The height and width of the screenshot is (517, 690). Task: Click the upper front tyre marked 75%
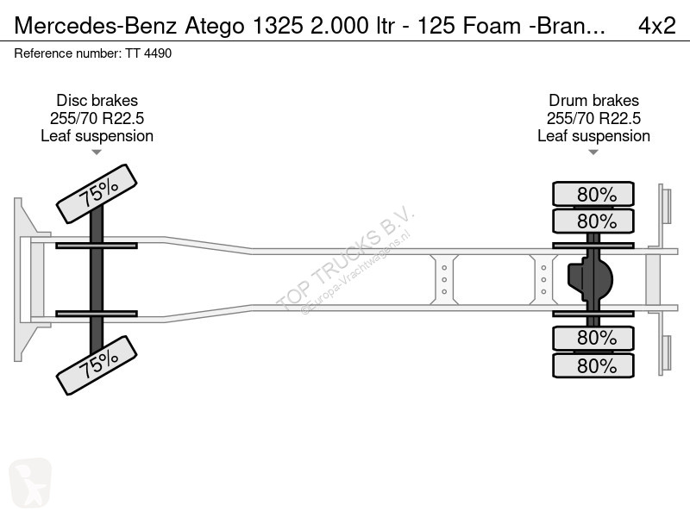point(97,194)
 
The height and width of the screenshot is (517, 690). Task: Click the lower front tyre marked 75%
point(97,365)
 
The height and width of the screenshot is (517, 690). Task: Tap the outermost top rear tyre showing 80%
point(593,194)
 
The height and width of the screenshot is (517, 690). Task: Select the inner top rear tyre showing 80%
point(593,221)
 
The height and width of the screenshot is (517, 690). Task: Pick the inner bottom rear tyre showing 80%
point(593,338)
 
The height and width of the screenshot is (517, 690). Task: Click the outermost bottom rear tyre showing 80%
point(593,365)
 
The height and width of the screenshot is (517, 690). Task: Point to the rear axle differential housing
point(590,279)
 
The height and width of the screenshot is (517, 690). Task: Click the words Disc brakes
point(97,101)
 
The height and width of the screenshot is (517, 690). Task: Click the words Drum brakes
point(593,101)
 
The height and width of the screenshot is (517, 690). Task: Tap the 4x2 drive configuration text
point(657,26)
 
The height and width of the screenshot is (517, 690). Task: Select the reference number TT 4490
point(148,53)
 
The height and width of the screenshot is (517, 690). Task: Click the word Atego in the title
point(215,27)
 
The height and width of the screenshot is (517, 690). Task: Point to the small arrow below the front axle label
point(97,153)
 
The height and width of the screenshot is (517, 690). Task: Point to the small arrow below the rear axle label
point(593,153)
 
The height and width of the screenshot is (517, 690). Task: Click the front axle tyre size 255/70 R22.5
point(97,118)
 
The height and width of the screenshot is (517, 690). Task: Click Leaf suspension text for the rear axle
point(593,136)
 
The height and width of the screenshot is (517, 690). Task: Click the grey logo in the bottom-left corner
point(30,483)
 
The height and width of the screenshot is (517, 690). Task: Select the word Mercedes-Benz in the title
point(96,26)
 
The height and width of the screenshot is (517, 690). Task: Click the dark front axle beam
point(97,279)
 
